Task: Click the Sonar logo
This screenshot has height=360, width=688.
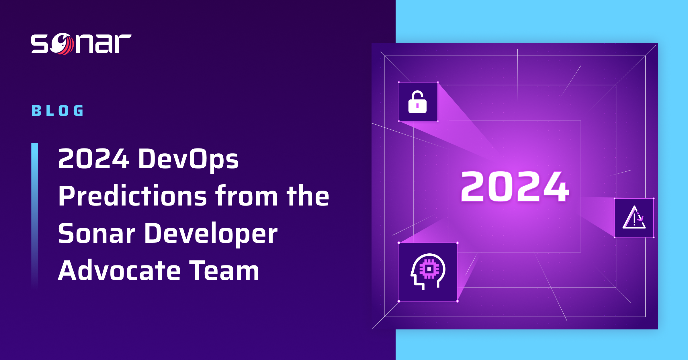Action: tap(81, 44)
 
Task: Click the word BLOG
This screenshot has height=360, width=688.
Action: tap(58, 111)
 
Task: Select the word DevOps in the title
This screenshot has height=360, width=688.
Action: tap(188, 159)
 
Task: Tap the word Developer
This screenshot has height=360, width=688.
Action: tap(211, 234)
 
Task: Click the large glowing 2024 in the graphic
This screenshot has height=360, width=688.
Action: tap(515, 187)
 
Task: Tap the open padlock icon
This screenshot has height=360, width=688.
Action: tap(417, 102)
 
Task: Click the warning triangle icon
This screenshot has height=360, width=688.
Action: tap(634, 218)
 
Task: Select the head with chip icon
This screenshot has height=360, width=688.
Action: tap(428, 272)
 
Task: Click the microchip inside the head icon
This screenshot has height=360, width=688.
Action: tap(429, 269)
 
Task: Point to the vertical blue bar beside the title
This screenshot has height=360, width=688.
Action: tap(34, 215)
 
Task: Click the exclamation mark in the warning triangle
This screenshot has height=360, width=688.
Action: tap(634, 220)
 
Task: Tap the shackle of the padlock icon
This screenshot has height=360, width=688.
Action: tap(417, 95)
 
